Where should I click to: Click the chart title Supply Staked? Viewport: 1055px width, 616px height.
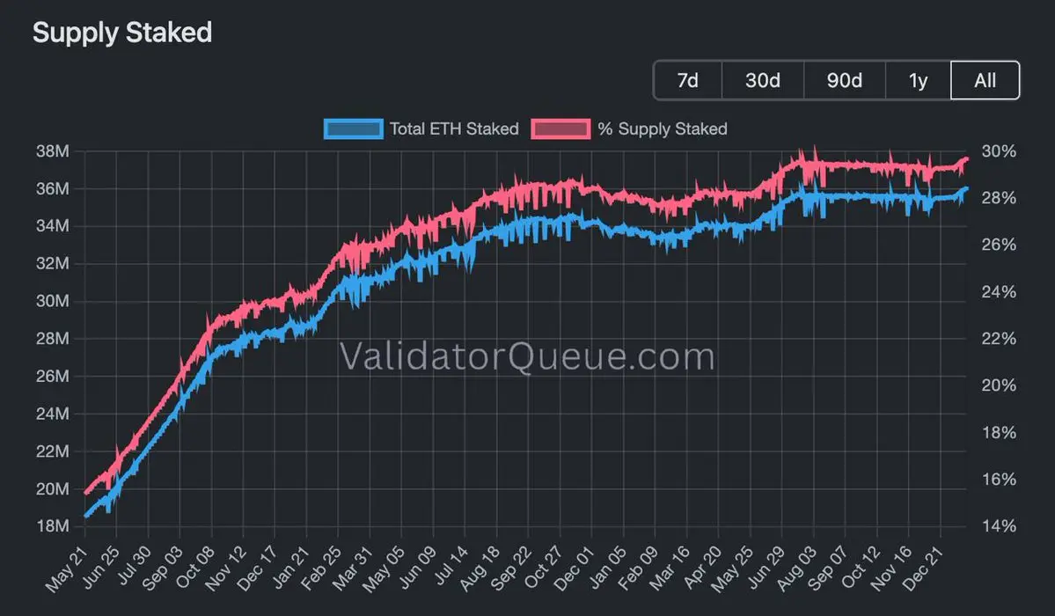[x=122, y=33]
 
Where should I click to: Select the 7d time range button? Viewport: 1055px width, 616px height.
[x=687, y=80]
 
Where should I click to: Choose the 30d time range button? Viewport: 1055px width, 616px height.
[x=762, y=80]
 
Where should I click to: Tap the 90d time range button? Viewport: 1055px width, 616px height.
[x=844, y=80]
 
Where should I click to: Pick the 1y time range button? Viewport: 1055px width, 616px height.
[x=918, y=80]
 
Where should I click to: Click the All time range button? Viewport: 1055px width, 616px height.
[x=985, y=80]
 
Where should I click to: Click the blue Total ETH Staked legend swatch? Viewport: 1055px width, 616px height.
[x=354, y=128]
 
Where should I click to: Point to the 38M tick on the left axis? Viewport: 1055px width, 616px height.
[x=51, y=151]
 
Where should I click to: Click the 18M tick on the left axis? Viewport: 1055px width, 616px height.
[x=51, y=526]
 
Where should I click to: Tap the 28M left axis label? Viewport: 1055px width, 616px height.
[x=51, y=339]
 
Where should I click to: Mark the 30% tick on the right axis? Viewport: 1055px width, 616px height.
[x=999, y=151]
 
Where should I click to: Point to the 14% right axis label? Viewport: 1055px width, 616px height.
[x=999, y=526]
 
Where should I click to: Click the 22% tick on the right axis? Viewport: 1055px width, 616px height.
[x=999, y=339]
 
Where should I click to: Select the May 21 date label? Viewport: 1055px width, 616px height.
[x=69, y=554]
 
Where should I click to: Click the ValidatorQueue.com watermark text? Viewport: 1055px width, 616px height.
[x=527, y=357]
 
